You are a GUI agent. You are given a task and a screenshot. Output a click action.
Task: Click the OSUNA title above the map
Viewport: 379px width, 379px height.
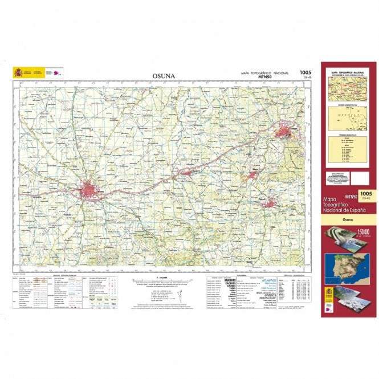(x=164, y=76)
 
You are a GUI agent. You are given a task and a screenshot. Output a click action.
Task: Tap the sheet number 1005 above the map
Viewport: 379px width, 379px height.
(x=305, y=72)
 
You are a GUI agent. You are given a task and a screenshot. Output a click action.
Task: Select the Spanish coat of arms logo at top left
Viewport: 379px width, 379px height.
(x=19, y=72)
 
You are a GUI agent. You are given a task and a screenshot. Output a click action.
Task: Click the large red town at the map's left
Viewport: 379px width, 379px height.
(x=90, y=189)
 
